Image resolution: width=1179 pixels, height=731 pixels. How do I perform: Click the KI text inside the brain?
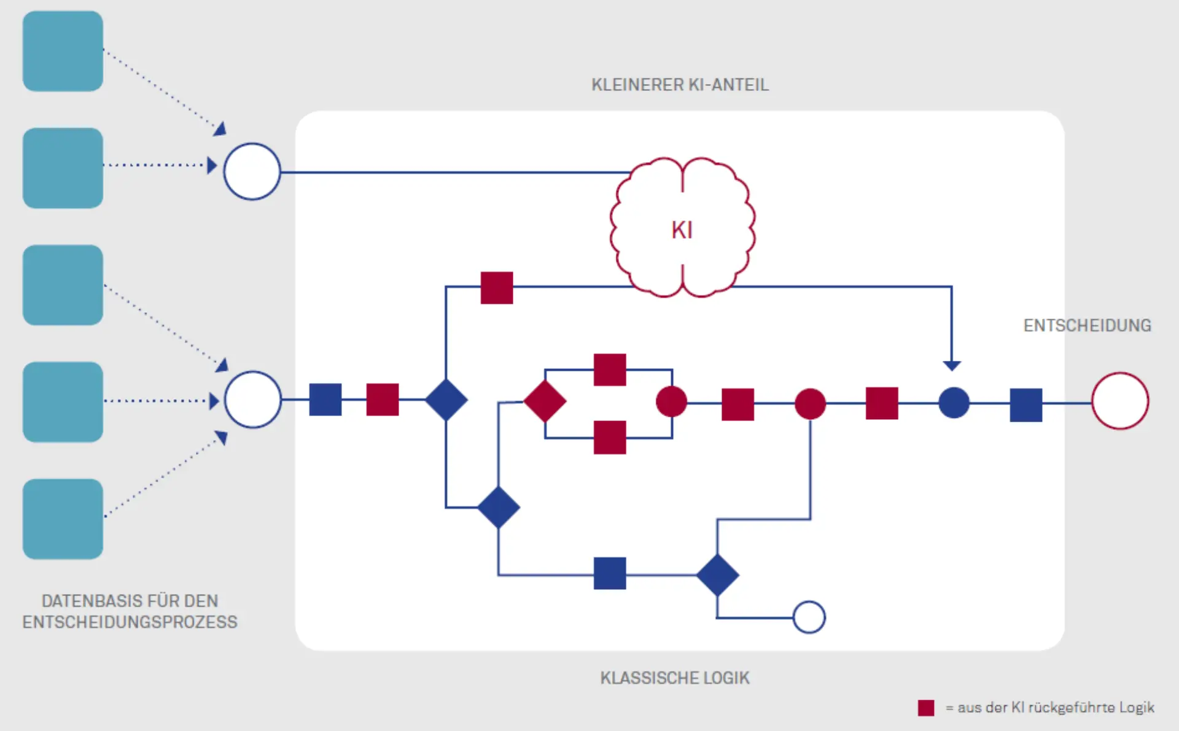[x=682, y=230]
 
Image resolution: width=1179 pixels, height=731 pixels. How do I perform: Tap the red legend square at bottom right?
[x=926, y=708]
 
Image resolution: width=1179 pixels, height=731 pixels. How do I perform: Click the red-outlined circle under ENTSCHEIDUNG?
[x=1119, y=401]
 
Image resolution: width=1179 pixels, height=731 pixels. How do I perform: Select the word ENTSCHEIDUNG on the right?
[x=1087, y=325]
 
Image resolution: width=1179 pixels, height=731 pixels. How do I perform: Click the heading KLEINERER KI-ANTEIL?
[x=680, y=85]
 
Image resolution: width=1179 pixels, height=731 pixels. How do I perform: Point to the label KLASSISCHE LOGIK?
[x=675, y=678]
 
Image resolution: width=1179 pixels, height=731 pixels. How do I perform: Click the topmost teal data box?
[x=63, y=51]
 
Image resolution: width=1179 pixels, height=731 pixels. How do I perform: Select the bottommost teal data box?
[x=63, y=519]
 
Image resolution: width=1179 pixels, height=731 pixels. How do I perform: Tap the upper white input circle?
[x=252, y=171]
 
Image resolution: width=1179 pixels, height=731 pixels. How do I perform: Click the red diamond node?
[x=545, y=401]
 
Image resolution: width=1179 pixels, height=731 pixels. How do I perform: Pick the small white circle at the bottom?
[x=809, y=617]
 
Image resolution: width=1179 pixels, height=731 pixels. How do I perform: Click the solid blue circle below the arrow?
[x=954, y=403]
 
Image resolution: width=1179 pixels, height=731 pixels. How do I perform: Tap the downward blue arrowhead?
[x=952, y=366]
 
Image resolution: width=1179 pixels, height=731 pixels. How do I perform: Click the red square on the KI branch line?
[x=496, y=287]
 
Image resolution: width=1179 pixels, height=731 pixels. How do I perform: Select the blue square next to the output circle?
[x=1025, y=404]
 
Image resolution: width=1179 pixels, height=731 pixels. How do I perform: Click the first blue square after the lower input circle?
[x=325, y=400]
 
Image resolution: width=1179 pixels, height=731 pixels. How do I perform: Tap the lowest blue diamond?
[x=717, y=575]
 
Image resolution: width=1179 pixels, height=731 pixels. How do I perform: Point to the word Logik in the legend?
[x=1136, y=708]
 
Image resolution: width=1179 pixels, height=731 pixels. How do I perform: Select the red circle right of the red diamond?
[x=671, y=402]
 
